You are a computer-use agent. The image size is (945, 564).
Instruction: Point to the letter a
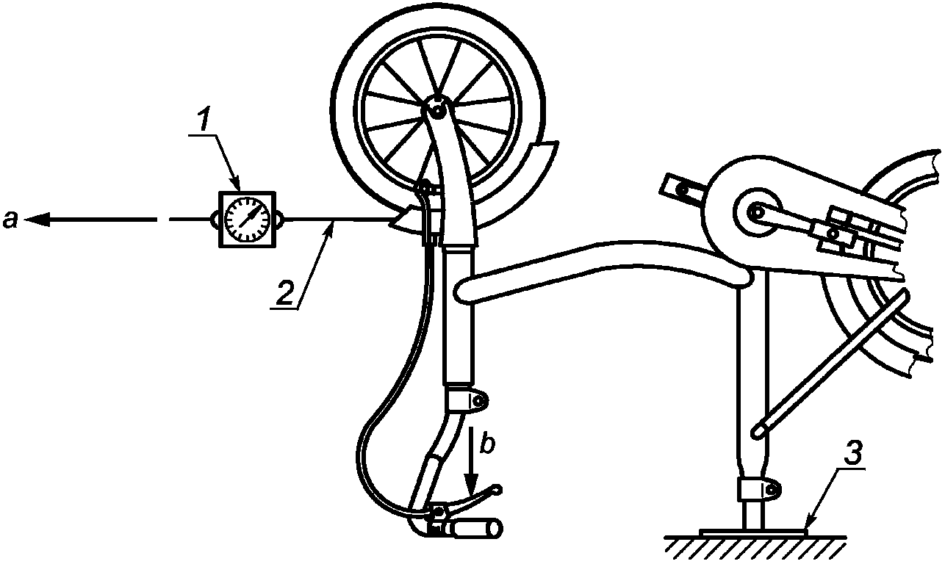tap(10, 219)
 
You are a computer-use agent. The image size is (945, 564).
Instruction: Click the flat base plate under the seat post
tap(753, 531)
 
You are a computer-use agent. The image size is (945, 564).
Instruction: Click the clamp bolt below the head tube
tap(478, 401)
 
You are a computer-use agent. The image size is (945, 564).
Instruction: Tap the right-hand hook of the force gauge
tap(280, 219)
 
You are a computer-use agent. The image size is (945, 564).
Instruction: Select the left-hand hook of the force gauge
tap(214, 219)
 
